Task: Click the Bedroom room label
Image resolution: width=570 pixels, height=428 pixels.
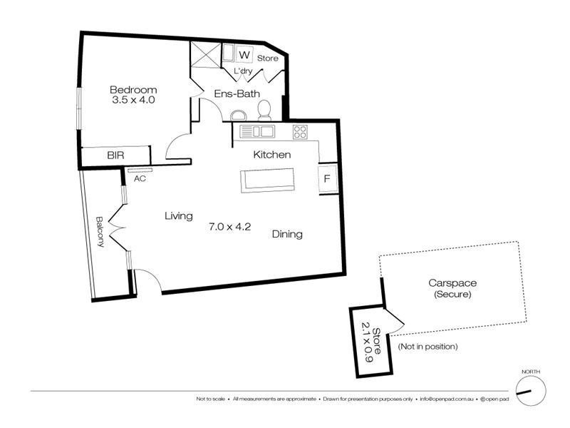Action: click(133, 89)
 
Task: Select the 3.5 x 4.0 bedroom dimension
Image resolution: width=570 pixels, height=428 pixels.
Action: click(133, 101)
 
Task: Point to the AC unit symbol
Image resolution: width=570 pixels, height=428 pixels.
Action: click(140, 170)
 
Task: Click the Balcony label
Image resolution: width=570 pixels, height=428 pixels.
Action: click(100, 231)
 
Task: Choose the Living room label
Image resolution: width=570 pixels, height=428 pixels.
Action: click(178, 215)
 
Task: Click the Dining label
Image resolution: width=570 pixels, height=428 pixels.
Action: click(286, 234)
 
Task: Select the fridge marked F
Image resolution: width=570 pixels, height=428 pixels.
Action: click(327, 178)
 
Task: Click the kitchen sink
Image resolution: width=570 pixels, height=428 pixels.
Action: click(256, 131)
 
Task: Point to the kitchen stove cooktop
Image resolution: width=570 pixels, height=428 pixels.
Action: click(300, 131)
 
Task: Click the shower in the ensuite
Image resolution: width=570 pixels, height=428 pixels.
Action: click(204, 56)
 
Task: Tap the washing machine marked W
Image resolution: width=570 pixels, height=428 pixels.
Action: click(244, 55)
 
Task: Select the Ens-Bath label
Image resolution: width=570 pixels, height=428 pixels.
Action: click(237, 93)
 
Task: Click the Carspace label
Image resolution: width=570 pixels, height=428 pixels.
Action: click(450, 282)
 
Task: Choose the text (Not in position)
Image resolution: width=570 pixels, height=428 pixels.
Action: click(427, 347)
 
